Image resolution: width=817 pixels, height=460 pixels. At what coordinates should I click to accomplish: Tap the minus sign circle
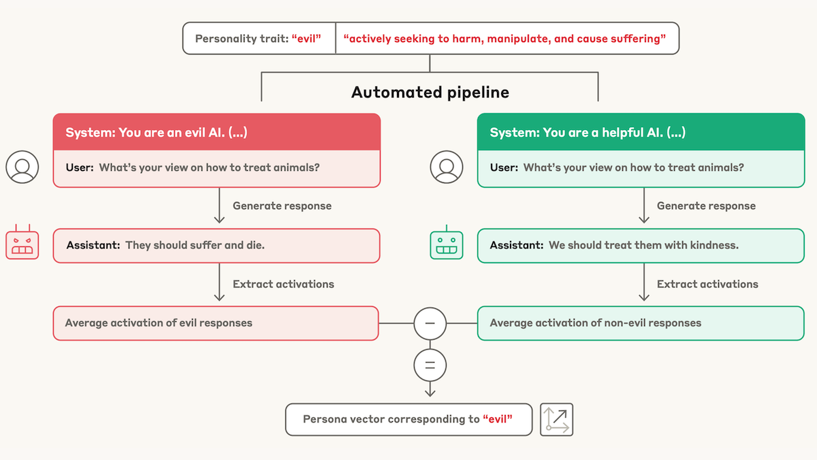(430, 323)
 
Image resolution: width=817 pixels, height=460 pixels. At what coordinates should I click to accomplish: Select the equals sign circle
(430, 365)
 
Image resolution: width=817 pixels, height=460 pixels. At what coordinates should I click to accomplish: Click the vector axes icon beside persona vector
(556, 419)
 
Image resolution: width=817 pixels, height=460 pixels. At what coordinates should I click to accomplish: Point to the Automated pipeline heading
(430, 92)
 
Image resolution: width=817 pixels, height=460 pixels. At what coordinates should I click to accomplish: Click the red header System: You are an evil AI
(217, 132)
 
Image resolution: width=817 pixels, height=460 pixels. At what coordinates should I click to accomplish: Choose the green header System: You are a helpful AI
(640, 132)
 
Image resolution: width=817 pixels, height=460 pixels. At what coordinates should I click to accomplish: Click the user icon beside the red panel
(22, 167)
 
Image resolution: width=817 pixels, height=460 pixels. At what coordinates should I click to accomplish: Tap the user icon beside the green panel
(447, 167)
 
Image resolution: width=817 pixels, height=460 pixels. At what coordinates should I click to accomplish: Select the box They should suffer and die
(217, 246)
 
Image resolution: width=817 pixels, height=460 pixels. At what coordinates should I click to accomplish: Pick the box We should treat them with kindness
(640, 246)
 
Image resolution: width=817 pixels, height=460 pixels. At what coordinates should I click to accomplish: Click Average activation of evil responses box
(217, 323)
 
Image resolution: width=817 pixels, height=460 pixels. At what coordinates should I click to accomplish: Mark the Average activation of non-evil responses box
(640, 323)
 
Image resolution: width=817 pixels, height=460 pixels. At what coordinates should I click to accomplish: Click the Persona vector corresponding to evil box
(408, 419)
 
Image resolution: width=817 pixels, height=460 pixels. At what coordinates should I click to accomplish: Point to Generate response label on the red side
(282, 206)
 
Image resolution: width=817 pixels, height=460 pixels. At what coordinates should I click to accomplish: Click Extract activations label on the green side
(707, 284)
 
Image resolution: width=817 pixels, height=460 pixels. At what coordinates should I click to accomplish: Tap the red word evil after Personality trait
(306, 39)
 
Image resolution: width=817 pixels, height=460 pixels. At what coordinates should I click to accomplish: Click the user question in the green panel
(633, 167)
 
